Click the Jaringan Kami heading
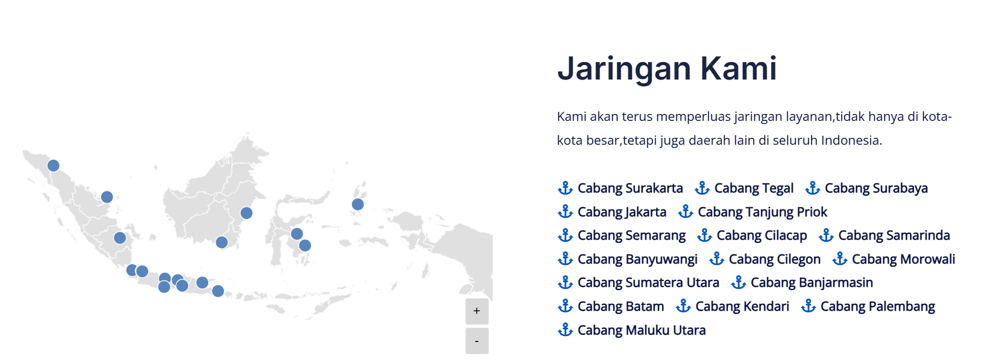click(x=667, y=68)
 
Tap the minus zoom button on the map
click(x=477, y=341)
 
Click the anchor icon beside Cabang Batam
click(x=566, y=306)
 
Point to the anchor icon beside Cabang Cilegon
click(x=717, y=259)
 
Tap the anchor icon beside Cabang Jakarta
click(x=566, y=212)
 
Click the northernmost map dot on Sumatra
click(x=54, y=165)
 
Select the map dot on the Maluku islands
click(x=358, y=204)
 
